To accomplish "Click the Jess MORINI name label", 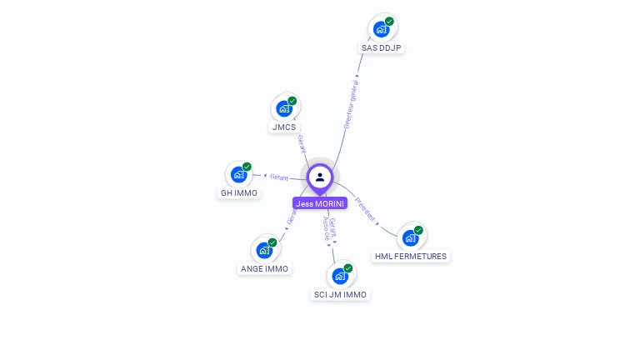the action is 320,203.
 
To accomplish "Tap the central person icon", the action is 320,177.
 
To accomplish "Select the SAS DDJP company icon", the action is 381,29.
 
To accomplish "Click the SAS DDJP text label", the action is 382,48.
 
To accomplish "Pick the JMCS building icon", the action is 284,108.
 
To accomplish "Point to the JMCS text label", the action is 283,127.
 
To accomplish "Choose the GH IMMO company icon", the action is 238,174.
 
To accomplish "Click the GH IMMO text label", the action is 238,193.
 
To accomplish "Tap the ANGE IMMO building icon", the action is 264,249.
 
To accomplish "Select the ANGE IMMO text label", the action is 264,269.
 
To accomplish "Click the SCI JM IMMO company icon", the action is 339,275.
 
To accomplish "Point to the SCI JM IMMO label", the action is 340,295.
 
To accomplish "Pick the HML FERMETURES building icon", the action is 410,237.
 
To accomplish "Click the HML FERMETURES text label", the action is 411,257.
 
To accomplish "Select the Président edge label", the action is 365,209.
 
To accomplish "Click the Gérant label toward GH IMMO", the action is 278,177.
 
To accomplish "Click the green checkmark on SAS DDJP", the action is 389,22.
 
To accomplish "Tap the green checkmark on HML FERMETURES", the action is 418,230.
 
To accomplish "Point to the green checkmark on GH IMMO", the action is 247,167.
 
